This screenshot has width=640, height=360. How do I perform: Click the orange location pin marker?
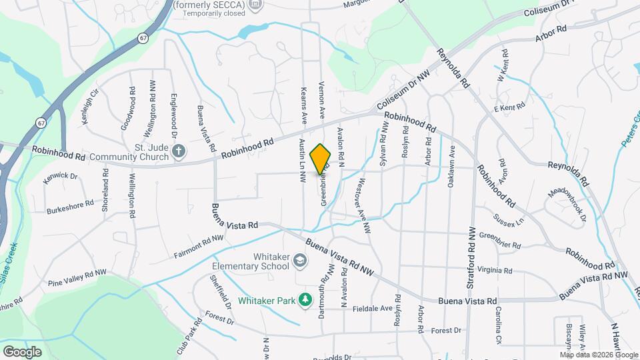321,159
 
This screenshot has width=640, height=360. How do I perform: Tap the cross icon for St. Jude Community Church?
178,152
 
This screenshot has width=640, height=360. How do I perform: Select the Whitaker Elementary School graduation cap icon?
301,261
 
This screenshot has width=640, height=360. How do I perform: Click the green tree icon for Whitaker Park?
306,301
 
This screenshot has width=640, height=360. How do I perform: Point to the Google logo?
22,351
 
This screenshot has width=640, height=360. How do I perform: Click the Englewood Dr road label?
174,115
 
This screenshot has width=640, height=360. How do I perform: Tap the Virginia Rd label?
495,271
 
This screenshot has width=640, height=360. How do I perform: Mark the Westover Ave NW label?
364,205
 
